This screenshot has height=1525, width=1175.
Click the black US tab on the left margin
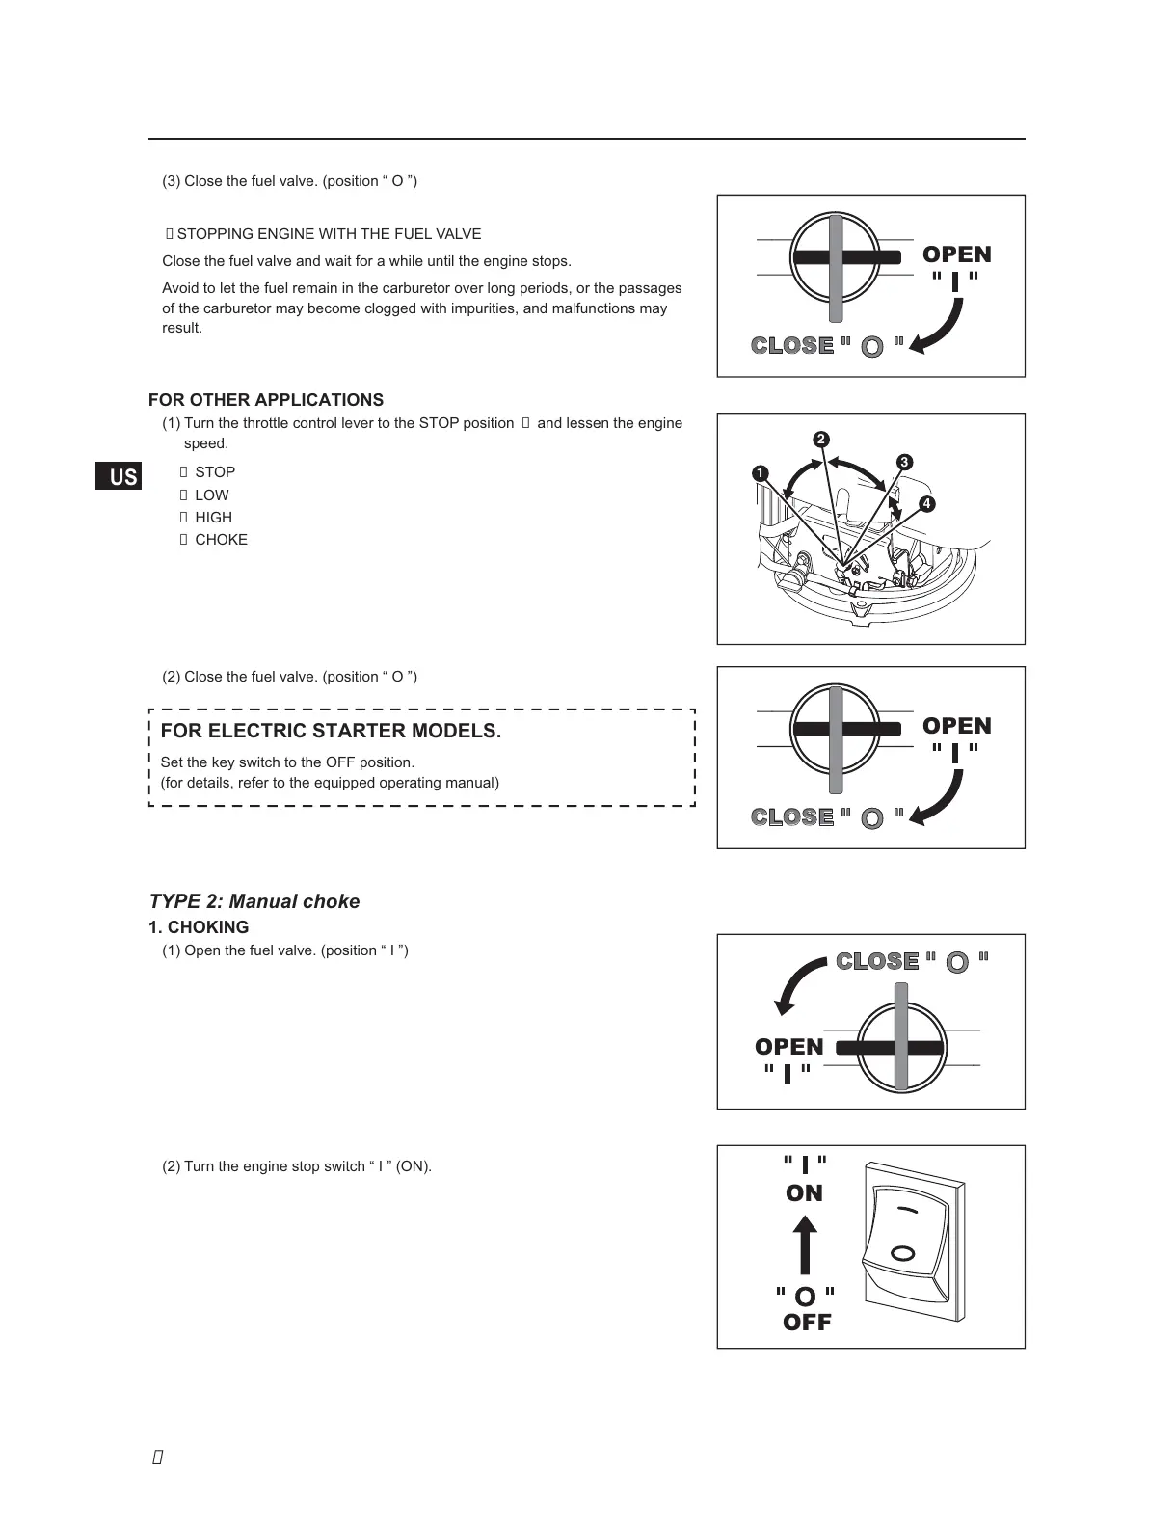click(119, 476)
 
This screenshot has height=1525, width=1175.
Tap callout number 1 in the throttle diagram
click(761, 473)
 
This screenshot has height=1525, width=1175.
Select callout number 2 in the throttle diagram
click(821, 440)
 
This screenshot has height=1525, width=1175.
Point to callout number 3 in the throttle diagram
click(904, 463)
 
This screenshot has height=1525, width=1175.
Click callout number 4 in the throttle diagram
click(926, 504)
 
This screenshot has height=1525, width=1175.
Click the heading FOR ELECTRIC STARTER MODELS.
click(331, 731)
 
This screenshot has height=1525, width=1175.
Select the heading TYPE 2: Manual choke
click(254, 901)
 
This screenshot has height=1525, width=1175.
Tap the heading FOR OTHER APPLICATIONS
click(266, 400)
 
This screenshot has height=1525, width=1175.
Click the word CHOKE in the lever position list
click(221, 540)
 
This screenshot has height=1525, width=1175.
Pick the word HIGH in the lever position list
click(213, 518)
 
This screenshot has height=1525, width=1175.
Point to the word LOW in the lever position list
click(212, 495)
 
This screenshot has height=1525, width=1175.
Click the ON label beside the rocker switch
click(804, 1193)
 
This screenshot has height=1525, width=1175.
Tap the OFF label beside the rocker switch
click(807, 1323)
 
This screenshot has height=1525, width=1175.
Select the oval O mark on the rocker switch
click(903, 1253)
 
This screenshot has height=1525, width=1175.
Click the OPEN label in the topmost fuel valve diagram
click(956, 254)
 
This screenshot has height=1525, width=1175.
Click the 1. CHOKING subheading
click(199, 927)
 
